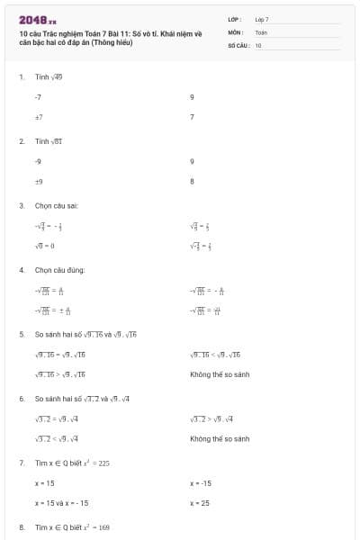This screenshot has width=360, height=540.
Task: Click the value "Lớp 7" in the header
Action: click(262, 19)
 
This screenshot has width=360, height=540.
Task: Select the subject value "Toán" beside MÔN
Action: click(261, 31)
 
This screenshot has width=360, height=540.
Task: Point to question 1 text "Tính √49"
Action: click(49, 77)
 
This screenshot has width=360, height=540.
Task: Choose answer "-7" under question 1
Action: click(39, 96)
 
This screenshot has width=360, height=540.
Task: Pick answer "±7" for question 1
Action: click(39, 117)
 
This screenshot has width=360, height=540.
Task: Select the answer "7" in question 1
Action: click(192, 117)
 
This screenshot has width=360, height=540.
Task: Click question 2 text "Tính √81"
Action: click(49, 141)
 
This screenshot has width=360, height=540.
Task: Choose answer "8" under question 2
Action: click(193, 181)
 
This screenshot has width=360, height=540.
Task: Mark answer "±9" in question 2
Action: click(39, 181)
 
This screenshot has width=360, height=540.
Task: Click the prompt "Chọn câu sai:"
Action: click(56, 205)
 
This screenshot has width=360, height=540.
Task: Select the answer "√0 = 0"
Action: click(45, 246)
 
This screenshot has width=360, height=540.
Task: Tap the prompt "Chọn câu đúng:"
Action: click(58, 269)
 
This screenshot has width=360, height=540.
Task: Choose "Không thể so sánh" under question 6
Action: click(220, 438)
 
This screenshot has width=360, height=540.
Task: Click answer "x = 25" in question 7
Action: click(200, 503)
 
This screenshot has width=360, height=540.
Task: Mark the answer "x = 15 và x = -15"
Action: click(61, 503)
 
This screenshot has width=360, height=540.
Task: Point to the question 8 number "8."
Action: click(22, 526)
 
